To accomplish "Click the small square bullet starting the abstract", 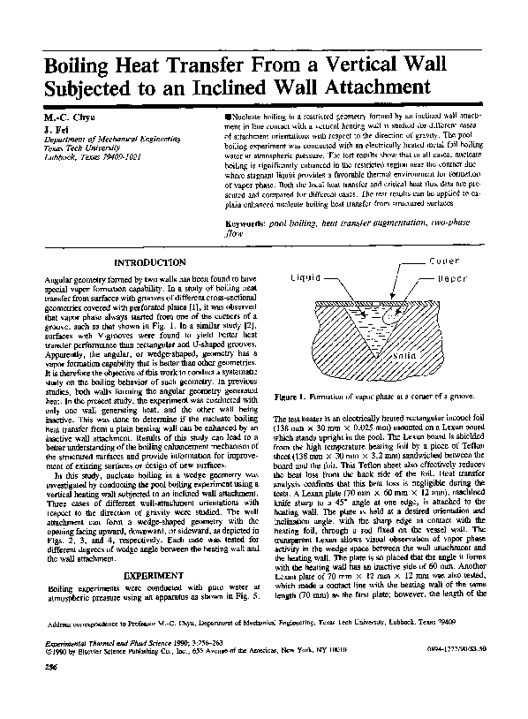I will tap(229, 117).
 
